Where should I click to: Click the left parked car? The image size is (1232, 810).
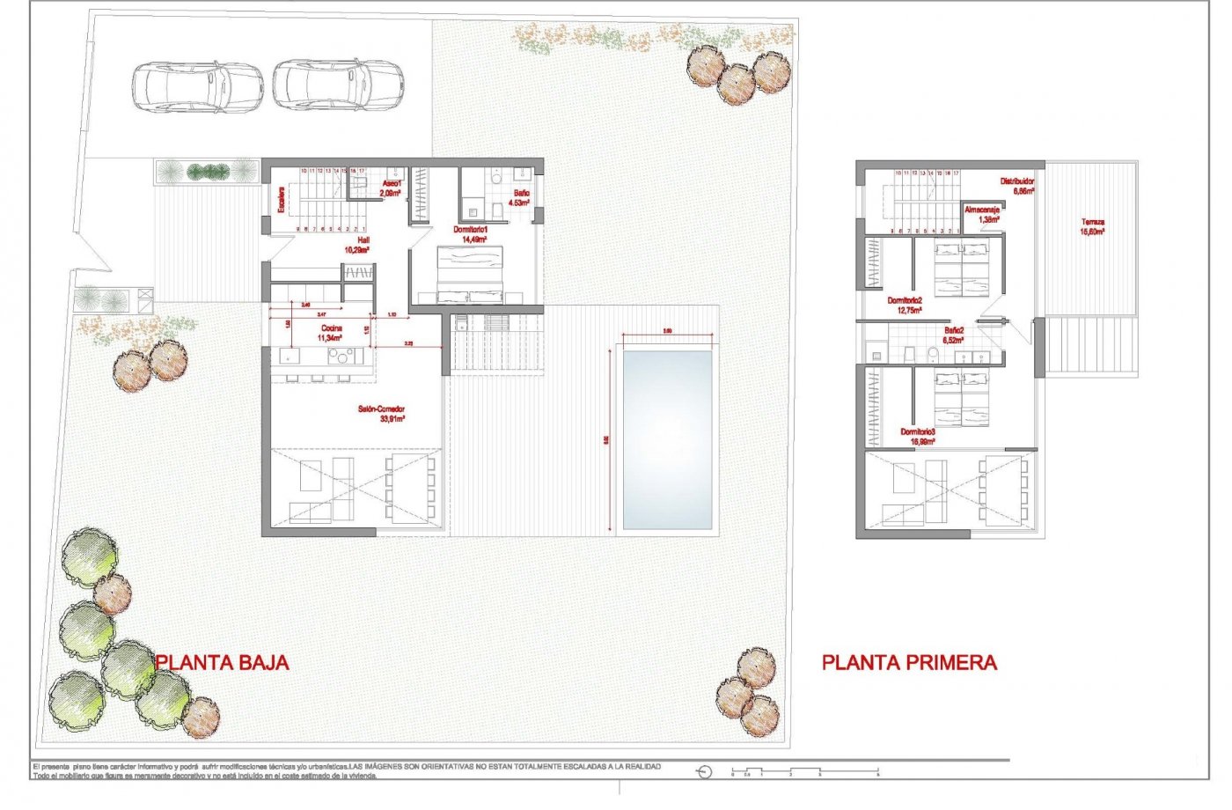point(198,86)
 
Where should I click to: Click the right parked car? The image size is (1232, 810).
point(338,85)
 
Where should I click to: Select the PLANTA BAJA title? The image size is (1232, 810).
point(222,663)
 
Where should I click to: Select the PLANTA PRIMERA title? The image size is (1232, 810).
point(909,663)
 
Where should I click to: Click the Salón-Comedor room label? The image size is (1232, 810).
point(381,414)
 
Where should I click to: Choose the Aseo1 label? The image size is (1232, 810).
point(391,188)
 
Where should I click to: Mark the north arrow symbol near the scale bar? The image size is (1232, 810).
point(704,772)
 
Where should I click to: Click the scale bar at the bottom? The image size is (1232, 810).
point(805,772)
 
